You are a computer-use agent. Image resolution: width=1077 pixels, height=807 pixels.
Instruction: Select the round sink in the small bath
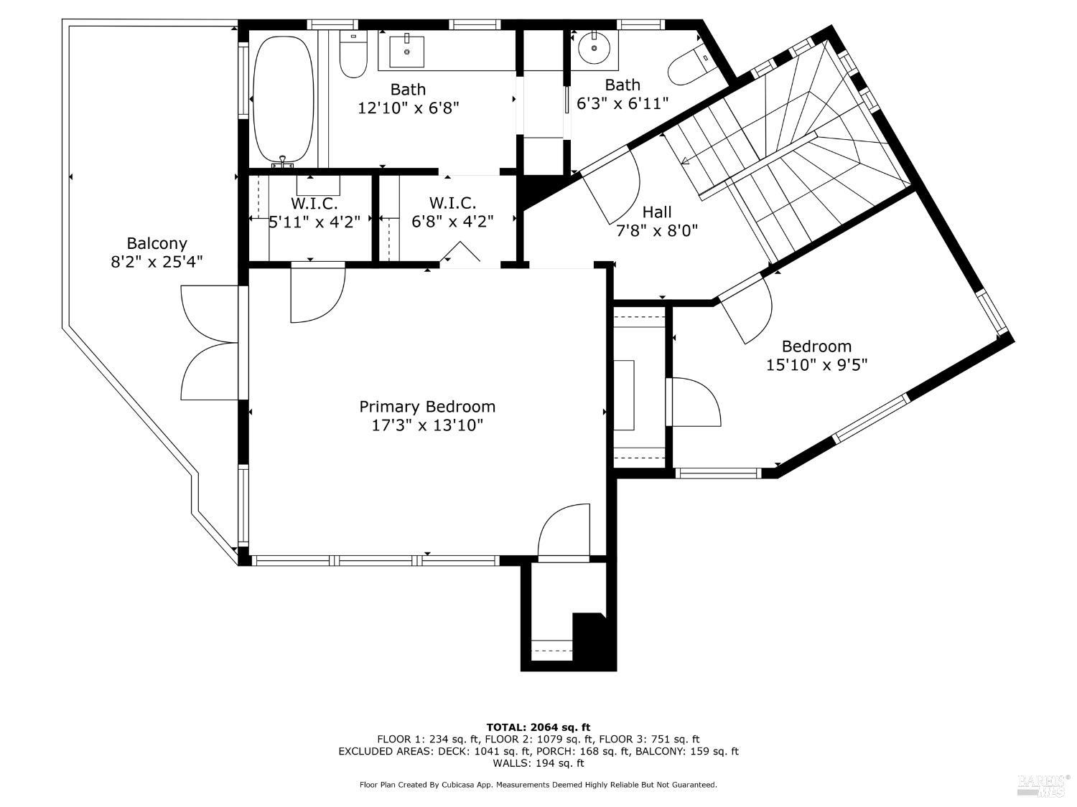click(595, 48)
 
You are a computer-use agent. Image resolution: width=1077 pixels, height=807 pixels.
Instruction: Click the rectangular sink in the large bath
click(406, 50)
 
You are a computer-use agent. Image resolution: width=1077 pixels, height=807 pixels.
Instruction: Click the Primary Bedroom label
click(427, 407)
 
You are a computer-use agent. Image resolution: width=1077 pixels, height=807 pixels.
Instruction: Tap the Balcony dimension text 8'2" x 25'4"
click(157, 262)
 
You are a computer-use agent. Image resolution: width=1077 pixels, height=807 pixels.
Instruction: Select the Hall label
click(657, 212)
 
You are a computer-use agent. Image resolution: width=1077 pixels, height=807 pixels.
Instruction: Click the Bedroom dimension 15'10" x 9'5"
click(816, 364)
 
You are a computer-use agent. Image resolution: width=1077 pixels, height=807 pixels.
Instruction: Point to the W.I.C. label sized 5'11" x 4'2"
click(314, 204)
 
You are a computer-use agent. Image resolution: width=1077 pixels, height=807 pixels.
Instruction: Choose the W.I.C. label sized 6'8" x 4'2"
click(452, 203)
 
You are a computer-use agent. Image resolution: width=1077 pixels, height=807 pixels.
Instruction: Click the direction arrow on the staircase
click(686, 161)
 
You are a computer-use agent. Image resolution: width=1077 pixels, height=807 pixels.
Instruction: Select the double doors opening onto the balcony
click(210, 342)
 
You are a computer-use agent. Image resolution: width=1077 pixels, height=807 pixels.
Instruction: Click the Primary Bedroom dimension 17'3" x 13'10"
click(427, 425)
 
